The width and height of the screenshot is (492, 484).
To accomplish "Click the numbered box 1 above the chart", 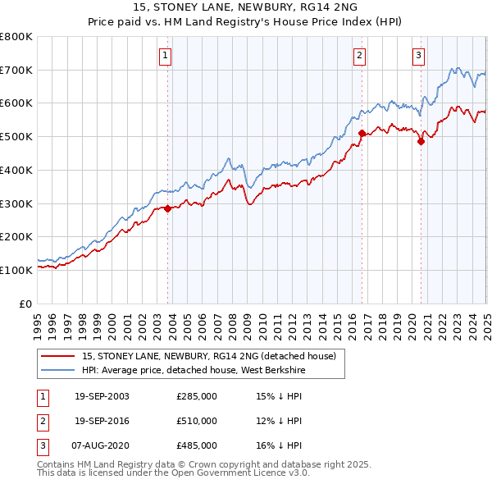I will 165,56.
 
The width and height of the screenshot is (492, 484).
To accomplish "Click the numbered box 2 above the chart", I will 360,56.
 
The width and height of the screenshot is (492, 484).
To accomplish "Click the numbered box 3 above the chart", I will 418,56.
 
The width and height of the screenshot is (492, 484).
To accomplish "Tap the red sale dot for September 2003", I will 167,208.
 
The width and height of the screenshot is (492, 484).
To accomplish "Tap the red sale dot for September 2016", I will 362,131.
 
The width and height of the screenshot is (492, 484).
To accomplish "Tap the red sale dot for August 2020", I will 421,141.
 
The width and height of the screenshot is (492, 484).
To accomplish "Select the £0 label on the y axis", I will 25,304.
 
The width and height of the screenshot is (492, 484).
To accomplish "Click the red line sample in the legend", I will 57,356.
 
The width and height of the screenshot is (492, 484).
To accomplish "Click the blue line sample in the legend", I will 57,370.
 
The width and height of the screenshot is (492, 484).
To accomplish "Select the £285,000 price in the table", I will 196,396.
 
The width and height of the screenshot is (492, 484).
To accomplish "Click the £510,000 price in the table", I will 196,421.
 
